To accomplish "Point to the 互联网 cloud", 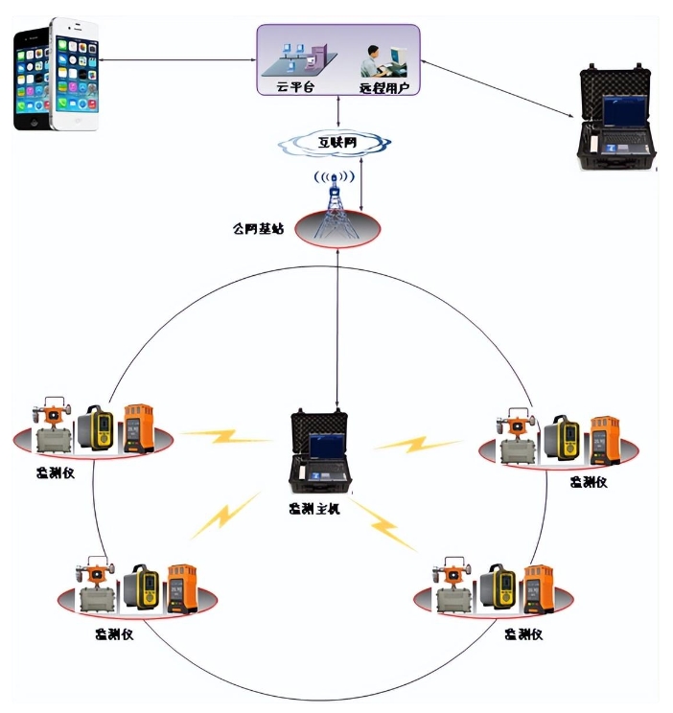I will pos(335,144).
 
